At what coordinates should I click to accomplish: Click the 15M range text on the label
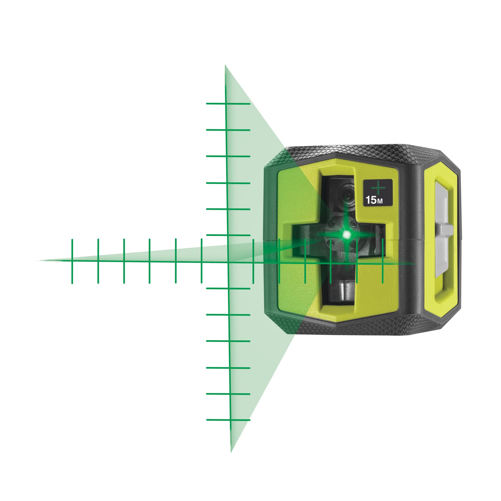(374, 200)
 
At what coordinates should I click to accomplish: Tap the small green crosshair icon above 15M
(378, 187)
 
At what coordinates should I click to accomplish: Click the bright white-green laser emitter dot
(346, 235)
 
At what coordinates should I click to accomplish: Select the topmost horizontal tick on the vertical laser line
(228, 104)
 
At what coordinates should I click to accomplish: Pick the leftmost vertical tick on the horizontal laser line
(72, 261)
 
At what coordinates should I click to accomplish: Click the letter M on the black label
(380, 201)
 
